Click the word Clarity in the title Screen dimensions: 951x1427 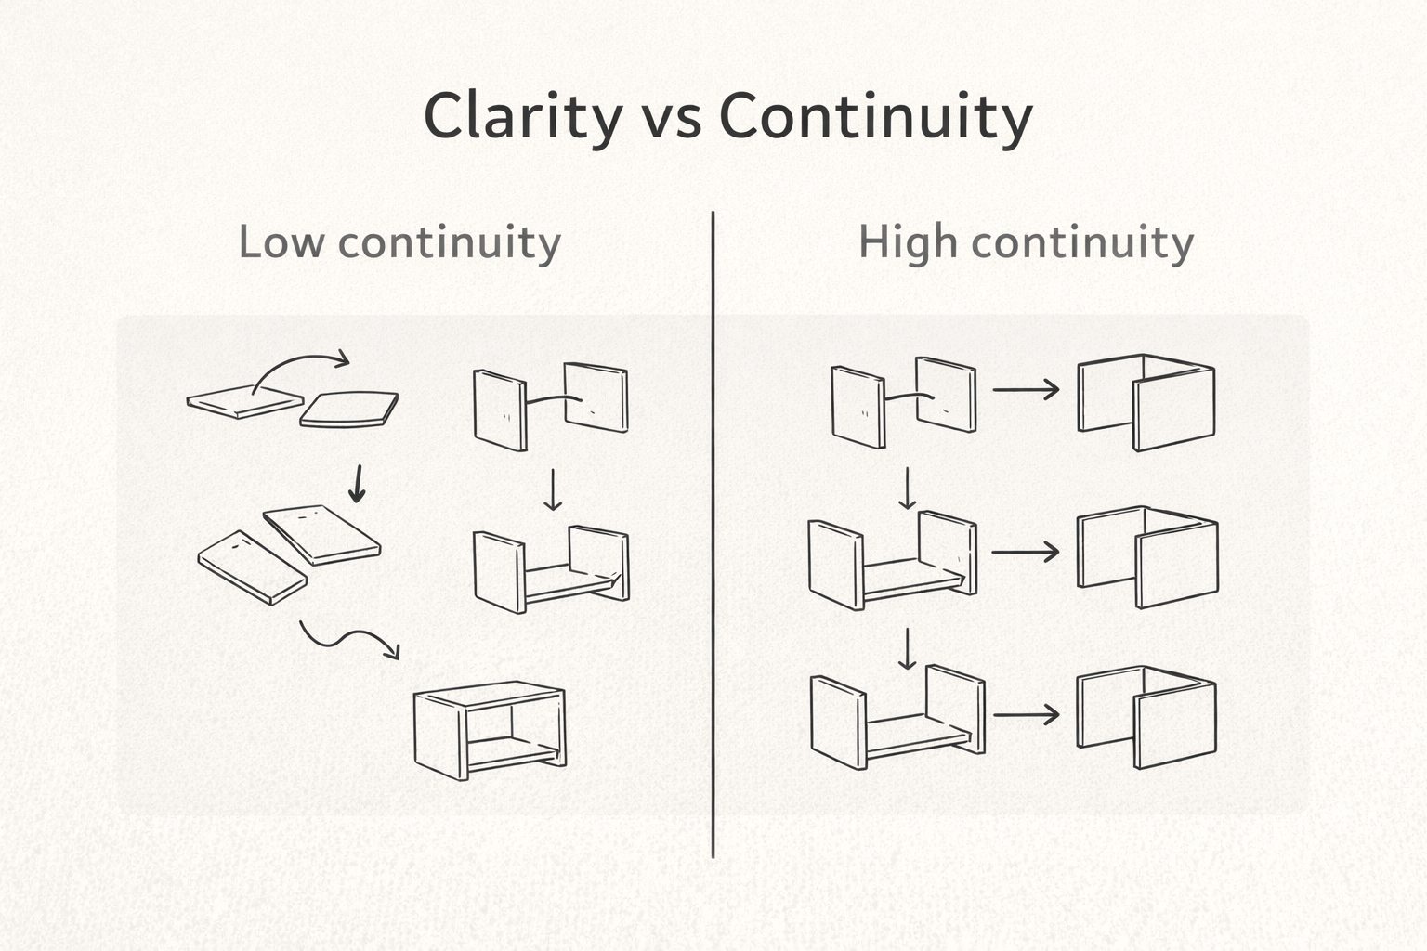point(523,117)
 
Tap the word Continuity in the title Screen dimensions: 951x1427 point(876,117)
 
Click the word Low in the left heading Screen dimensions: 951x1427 point(281,243)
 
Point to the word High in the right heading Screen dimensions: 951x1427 point(907,243)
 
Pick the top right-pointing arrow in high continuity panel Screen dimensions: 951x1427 point(1026,390)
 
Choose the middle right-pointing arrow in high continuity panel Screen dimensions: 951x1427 point(1026,552)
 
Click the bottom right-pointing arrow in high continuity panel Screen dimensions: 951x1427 point(1026,715)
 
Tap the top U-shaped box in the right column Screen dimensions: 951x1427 point(1146,401)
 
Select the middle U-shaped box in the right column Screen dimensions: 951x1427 point(1146,557)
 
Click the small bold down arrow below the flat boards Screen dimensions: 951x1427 point(356,484)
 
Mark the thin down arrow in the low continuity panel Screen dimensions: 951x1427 point(553,489)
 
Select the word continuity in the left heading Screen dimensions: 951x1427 point(449,243)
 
